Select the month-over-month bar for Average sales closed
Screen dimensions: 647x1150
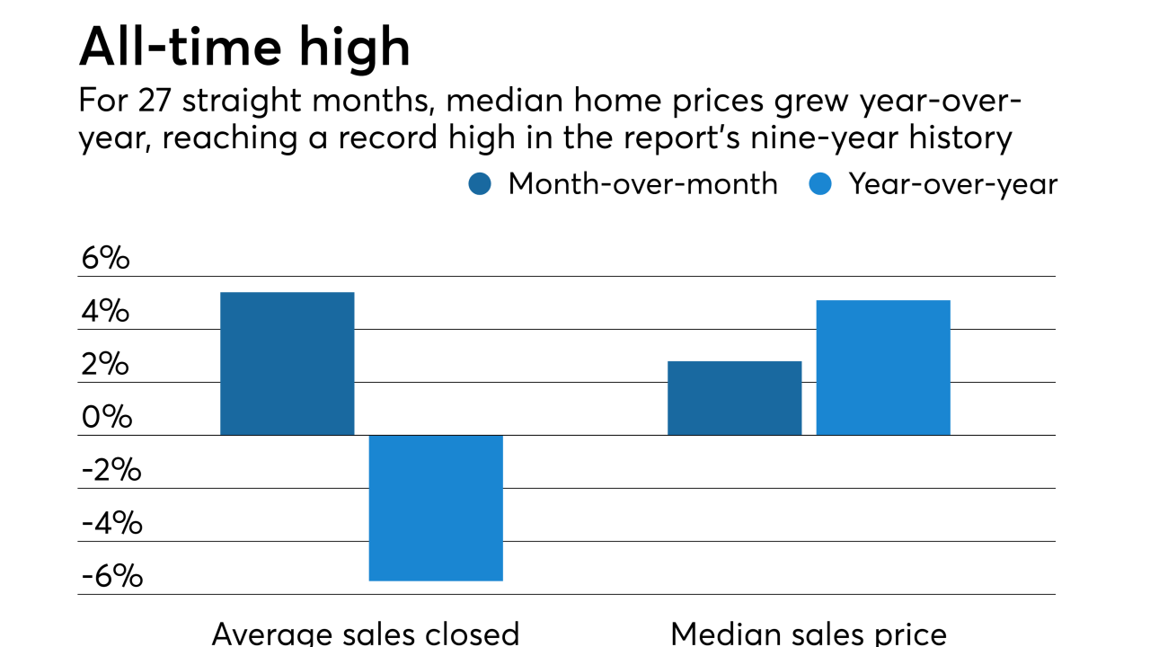[x=287, y=364]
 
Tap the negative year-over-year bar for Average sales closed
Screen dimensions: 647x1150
[x=436, y=508]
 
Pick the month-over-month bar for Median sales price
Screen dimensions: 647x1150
[x=734, y=398]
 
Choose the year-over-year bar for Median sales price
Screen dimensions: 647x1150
[x=883, y=368]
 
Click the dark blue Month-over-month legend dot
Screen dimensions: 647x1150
[x=481, y=184]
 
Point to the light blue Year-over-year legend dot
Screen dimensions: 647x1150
[x=821, y=184]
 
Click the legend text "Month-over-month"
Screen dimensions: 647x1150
[x=642, y=184]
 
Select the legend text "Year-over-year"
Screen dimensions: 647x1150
[x=953, y=184]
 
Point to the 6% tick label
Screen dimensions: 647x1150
[x=105, y=259]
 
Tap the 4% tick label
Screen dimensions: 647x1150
[x=105, y=312]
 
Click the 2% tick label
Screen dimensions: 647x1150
[x=105, y=365]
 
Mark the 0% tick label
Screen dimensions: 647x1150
[x=105, y=418]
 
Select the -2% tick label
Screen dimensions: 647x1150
[x=111, y=471]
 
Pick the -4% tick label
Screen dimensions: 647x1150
[x=111, y=524]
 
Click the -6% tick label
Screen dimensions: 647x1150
[x=111, y=577]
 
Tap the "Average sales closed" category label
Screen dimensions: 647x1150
[x=365, y=633]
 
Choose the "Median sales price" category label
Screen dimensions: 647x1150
[x=809, y=633]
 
